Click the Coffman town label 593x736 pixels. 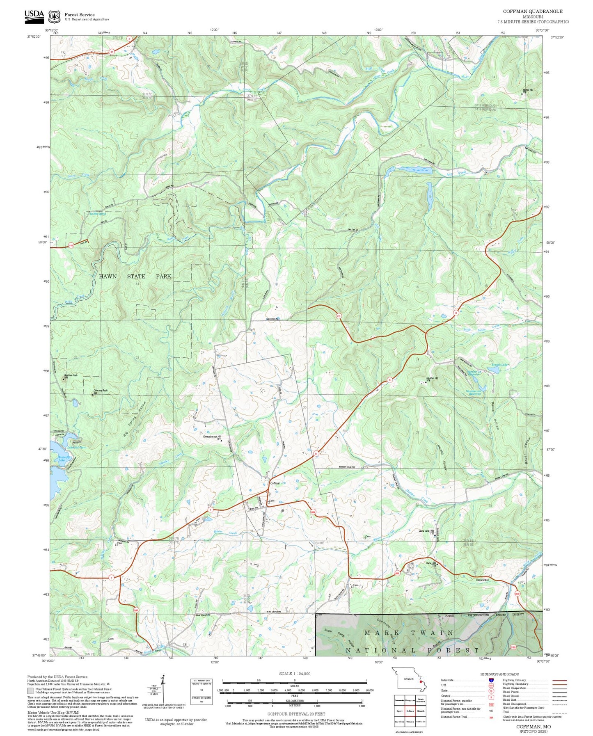[275, 483]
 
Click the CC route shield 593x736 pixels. [339, 316]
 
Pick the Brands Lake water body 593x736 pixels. [494, 370]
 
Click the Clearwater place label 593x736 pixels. [483, 580]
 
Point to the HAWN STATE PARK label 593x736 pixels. [135, 276]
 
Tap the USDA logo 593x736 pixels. [34, 15]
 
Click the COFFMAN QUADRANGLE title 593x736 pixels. [533, 11]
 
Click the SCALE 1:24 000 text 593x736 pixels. [294, 674]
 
